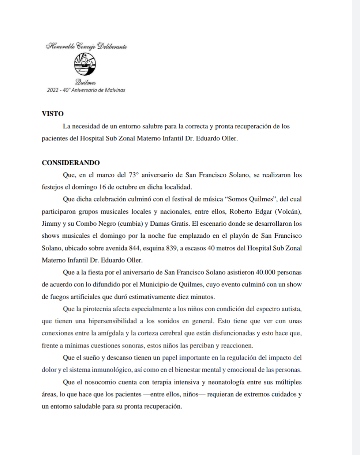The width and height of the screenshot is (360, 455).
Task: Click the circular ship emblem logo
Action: click(x=85, y=64)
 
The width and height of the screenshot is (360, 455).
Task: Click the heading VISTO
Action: click(x=53, y=114)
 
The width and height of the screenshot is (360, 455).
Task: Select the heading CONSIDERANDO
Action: click(x=71, y=163)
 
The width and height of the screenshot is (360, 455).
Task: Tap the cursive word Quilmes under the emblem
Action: click(x=86, y=82)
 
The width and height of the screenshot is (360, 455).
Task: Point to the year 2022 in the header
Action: click(x=53, y=90)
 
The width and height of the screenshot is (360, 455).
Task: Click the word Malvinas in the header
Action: click(x=115, y=90)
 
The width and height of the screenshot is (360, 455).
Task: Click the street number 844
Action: click(x=134, y=248)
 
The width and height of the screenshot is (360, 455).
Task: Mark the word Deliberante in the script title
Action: click(x=112, y=46)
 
